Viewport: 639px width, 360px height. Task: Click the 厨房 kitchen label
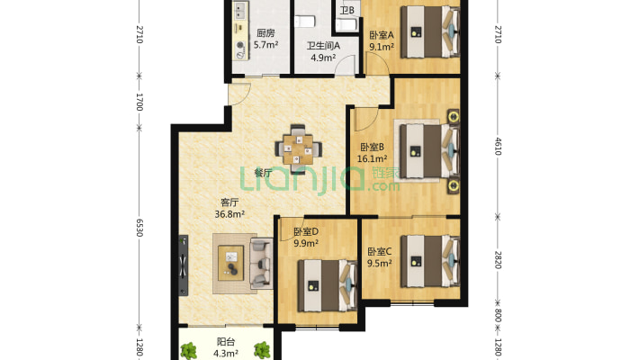265,33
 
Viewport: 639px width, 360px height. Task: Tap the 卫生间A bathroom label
323,46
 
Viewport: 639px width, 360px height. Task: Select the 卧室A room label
382,35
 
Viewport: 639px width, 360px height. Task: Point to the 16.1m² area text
372,158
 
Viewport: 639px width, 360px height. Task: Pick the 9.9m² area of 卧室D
306,243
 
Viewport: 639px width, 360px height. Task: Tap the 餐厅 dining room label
264,173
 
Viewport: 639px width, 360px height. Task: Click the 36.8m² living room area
229,213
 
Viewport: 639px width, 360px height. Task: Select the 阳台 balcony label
225,342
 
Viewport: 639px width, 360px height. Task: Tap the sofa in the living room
261,264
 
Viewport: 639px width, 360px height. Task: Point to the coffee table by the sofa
231,263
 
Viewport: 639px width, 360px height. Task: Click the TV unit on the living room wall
184,265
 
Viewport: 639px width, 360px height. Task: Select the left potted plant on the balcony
189,350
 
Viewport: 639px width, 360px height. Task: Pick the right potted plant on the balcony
262,350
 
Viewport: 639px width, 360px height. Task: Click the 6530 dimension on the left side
139,228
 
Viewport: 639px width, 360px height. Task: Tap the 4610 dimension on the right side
498,147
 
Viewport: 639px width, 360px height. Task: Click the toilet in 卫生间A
305,21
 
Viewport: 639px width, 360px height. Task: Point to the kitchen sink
240,11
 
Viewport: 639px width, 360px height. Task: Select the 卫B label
347,10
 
